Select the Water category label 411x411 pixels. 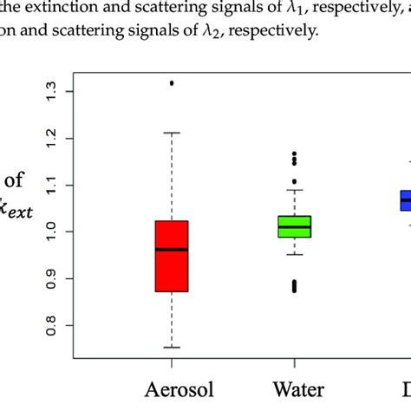tap(294, 387)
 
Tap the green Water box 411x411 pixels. tap(294, 226)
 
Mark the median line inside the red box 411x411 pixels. tap(171, 249)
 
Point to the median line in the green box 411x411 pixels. tap(294, 226)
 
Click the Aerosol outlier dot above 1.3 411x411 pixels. tap(171, 83)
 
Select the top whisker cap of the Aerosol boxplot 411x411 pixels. tap(171, 133)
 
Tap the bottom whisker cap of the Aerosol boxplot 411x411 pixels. tap(171, 347)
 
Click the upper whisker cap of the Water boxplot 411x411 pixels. tap(294, 190)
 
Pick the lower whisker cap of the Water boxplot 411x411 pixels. tap(294, 254)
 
